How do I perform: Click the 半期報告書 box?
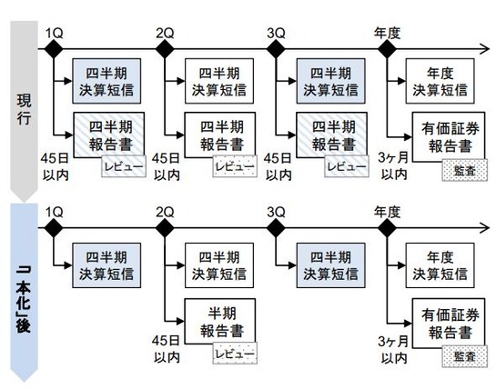218,319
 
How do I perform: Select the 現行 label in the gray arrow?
20,110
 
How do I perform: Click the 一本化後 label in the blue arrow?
20,292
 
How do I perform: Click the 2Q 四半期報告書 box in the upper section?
218,136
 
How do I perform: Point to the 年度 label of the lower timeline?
387,213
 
